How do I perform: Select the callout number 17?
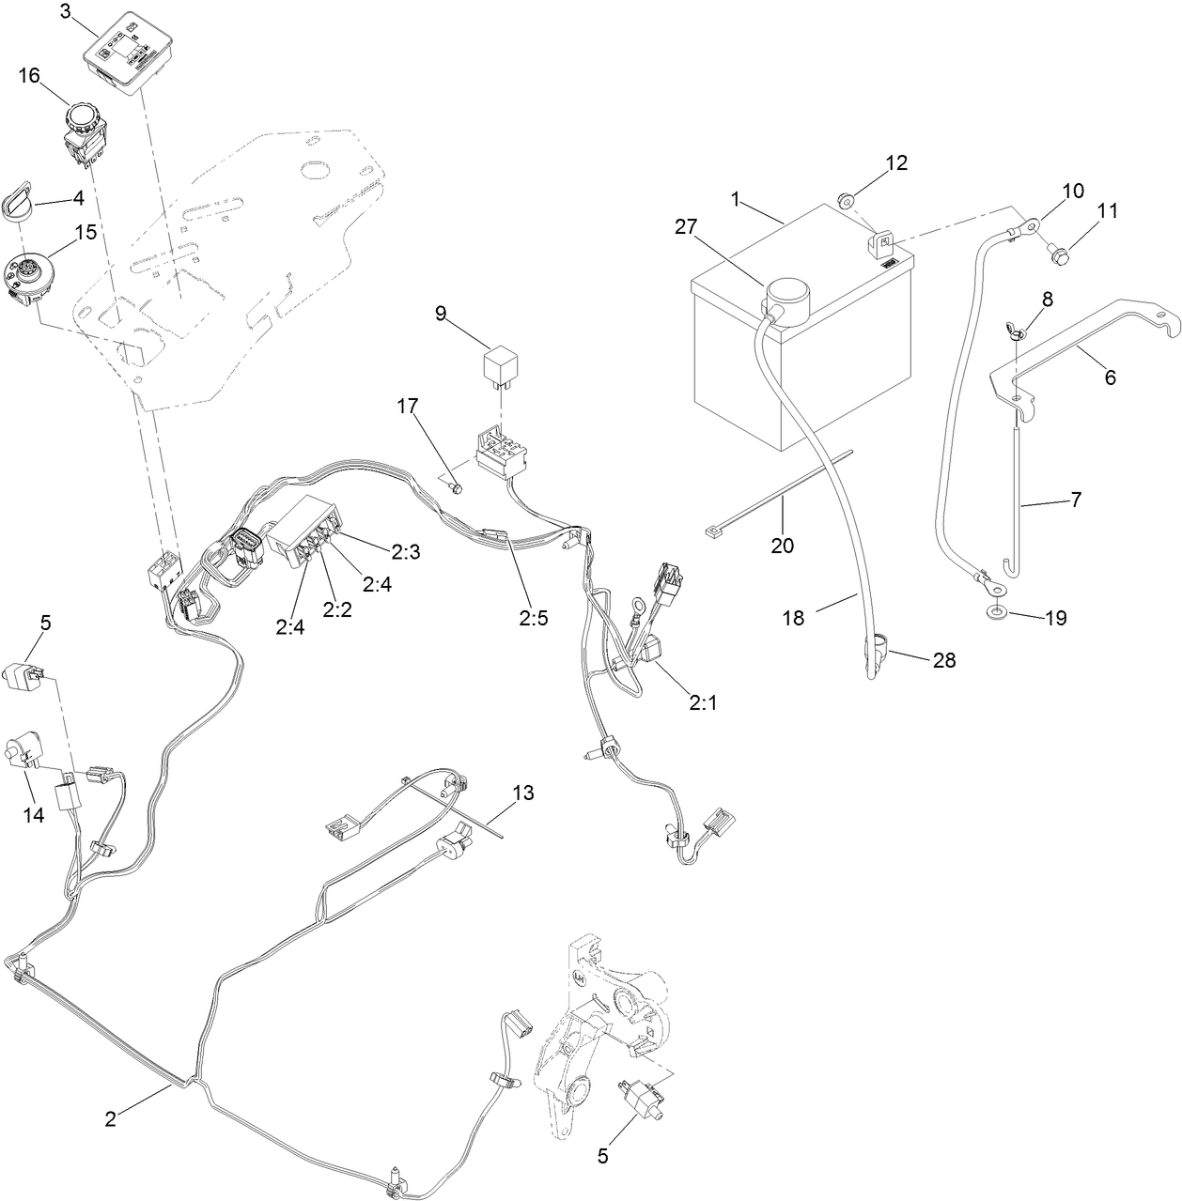tap(407, 407)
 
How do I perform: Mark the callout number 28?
tap(943, 660)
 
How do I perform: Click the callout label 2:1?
tap(702, 701)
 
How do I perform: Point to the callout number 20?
tap(783, 545)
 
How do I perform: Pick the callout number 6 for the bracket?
tap(1110, 377)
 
